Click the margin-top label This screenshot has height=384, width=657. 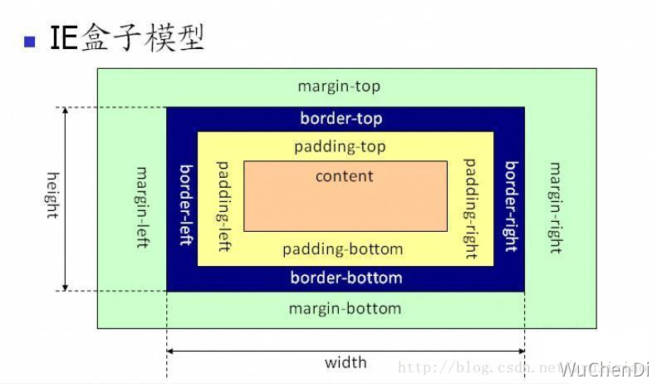click(x=339, y=86)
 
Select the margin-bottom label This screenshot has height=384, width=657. click(x=345, y=308)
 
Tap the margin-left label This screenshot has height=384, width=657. click(x=142, y=208)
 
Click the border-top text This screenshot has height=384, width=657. click(x=341, y=118)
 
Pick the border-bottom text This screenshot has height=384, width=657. click(x=346, y=277)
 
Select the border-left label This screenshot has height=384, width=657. click(x=187, y=204)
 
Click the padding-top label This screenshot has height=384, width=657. click(x=340, y=146)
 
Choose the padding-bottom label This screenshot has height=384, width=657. click(x=342, y=249)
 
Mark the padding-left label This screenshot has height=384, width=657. click(x=223, y=206)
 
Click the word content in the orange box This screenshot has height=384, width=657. click(x=344, y=176)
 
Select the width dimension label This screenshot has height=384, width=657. click(x=346, y=362)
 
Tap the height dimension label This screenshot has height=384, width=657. click(x=52, y=194)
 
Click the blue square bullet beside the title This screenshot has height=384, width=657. click(x=31, y=41)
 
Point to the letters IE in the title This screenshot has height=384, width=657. click(x=65, y=38)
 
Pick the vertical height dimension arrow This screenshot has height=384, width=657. click(x=66, y=199)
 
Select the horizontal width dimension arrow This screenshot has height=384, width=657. click(x=346, y=351)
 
